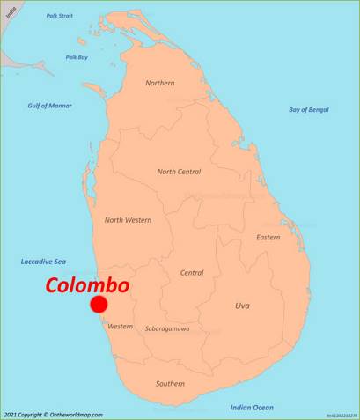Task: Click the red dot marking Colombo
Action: pyautogui.click(x=99, y=304)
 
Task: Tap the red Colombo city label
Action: pyautogui.click(x=87, y=285)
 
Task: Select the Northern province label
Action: pyautogui.click(x=160, y=83)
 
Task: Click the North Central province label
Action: pyautogui.click(x=179, y=172)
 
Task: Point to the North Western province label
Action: pyautogui.click(x=128, y=219)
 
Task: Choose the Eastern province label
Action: pyautogui.click(x=268, y=237)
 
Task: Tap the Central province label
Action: pyautogui.click(x=192, y=273)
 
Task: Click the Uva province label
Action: pyautogui.click(x=242, y=306)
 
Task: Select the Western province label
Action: pyautogui.click(x=120, y=326)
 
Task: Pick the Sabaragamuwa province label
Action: pyautogui.click(x=167, y=329)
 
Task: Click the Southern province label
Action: pyautogui.click(x=170, y=383)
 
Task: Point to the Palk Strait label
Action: pyautogui.click(x=60, y=16)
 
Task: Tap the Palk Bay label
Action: pyautogui.click(x=77, y=57)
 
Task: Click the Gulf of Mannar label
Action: pyautogui.click(x=49, y=106)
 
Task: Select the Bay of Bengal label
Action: pyautogui.click(x=308, y=109)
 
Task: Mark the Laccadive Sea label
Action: pyautogui.click(x=43, y=262)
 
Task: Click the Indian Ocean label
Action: pyautogui.click(x=252, y=407)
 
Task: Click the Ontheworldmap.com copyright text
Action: pyautogui.click(x=53, y=414)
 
